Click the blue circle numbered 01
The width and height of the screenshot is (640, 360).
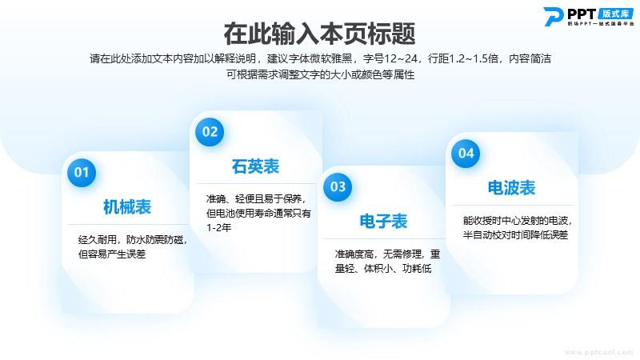point(82,173)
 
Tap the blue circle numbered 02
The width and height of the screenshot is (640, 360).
point(210,132)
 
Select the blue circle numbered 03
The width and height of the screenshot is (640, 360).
point(338,187)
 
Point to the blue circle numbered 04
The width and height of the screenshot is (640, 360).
point(466,154)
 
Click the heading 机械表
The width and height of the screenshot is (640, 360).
point(127,207)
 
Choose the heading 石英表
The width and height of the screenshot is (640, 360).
point(255,166)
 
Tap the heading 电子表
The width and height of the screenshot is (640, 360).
point(383,222)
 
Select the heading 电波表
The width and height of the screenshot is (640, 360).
point(511,188)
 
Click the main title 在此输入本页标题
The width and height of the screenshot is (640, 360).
point(319,34)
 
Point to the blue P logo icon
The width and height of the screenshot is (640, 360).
point(554,17)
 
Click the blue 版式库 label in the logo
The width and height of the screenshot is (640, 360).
point(615,14)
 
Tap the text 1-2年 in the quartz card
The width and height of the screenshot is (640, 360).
point(218,228)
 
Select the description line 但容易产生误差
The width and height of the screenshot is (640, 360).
point(112,254)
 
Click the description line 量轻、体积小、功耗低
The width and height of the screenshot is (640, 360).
point(383,269)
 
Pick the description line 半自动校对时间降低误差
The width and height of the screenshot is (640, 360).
point(515,235)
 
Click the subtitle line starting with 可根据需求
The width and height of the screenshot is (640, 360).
point(321,74)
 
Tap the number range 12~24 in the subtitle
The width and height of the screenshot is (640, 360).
point(401,58)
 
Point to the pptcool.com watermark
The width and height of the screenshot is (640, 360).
point(598,352)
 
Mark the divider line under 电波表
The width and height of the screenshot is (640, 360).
point(513,206)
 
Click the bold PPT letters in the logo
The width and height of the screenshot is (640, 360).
point(582,14)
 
